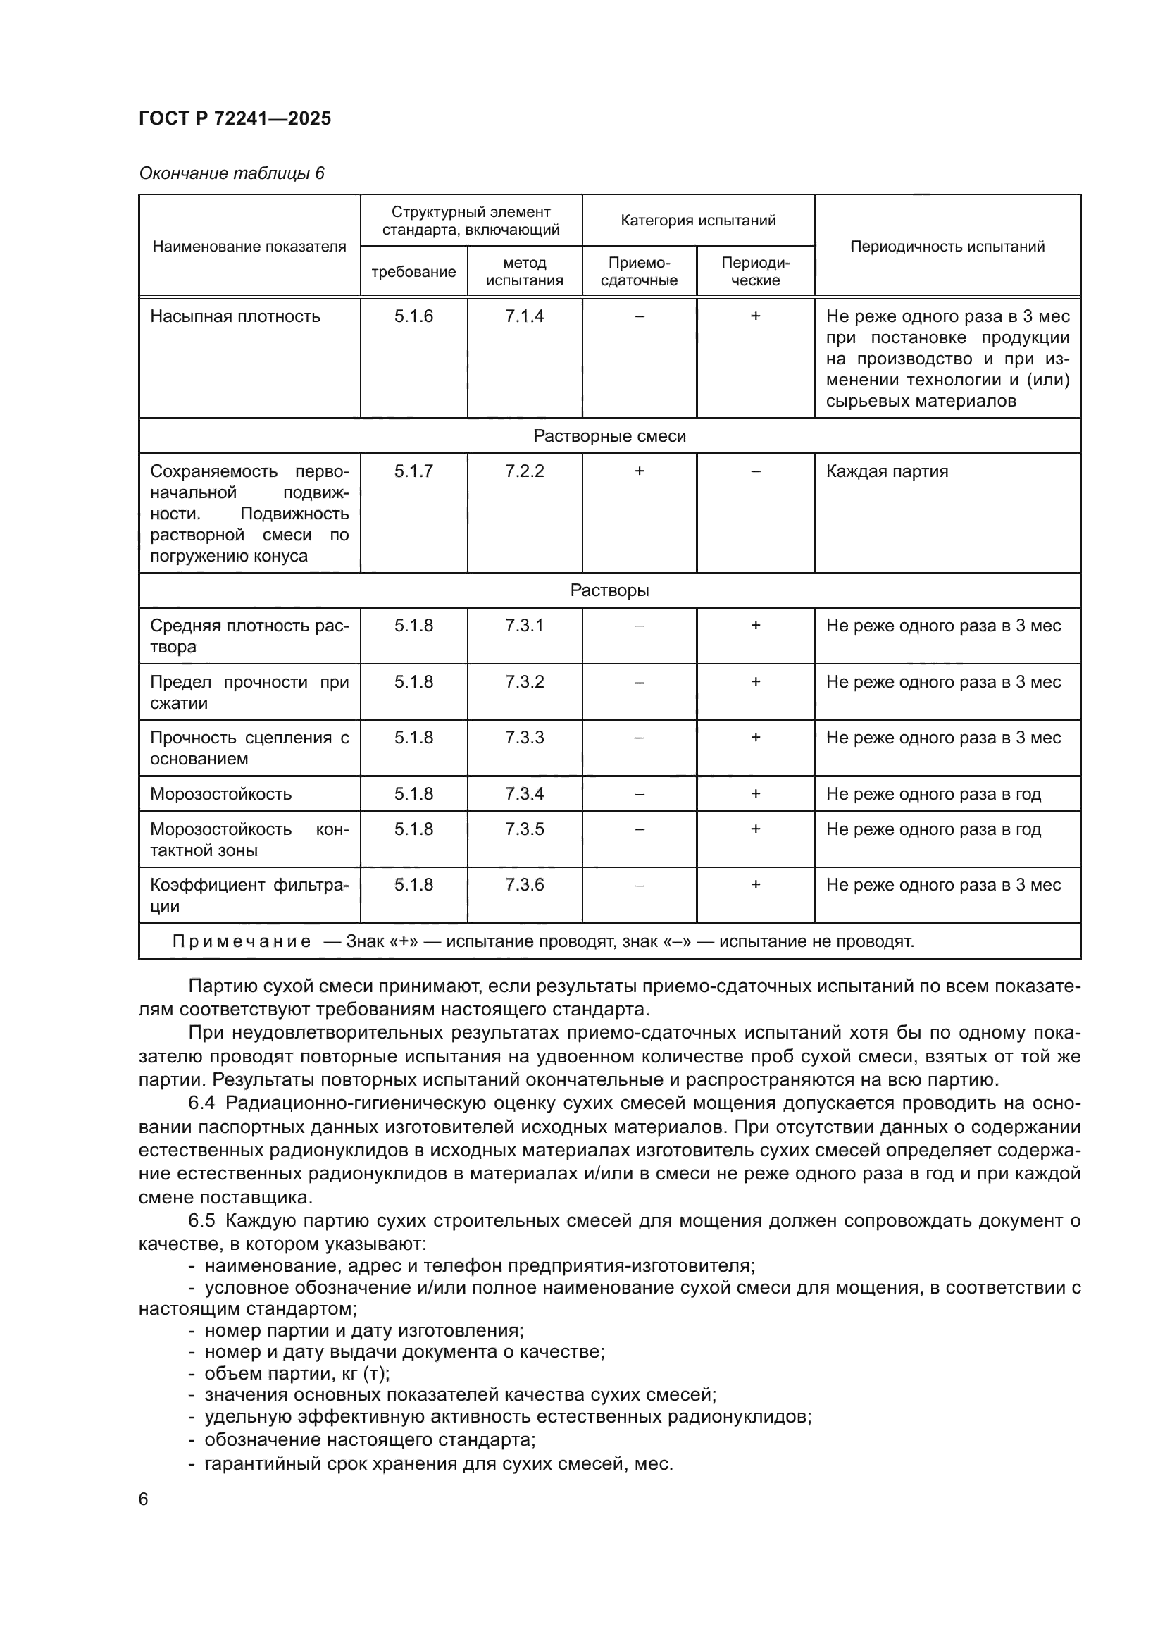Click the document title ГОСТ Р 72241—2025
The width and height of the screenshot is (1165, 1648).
(x=235, y=118)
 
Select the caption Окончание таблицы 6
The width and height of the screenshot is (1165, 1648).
(x=231, y=173)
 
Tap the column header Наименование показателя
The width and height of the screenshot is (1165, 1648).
(x=249, y=246)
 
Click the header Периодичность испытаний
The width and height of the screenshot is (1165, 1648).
(x=947, y=246)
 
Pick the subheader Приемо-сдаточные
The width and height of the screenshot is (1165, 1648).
(x=638, y=271)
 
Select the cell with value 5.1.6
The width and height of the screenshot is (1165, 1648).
(x=413, y=316)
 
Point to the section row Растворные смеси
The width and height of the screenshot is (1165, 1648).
(x=609, y=435)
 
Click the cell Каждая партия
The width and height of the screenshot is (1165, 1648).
(x=887, y=471)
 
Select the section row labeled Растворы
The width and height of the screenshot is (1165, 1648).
(x=609, y=590)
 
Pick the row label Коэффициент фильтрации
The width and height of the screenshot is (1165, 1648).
(x=249, y=894)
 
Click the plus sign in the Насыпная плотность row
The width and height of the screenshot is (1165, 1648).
(x=754, y=316)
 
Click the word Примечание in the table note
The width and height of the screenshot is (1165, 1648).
(x=241, y=941)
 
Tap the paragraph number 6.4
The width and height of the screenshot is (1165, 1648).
(x=201, y=1103)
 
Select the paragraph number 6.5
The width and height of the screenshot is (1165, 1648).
(x=201, y=1220)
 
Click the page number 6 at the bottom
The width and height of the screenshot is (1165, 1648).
(x=144, y=1499)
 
